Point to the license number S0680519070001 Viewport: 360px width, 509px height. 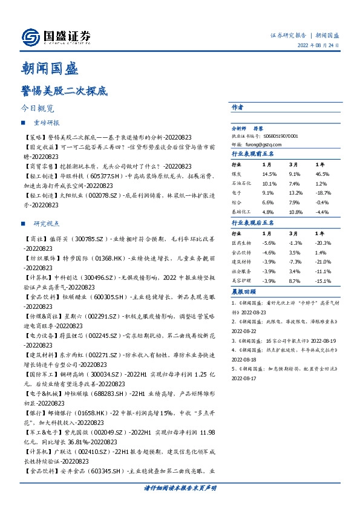pos(283,137)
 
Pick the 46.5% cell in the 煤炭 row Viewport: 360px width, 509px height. pos(321,173)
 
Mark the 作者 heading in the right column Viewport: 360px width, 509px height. pos(237,107)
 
